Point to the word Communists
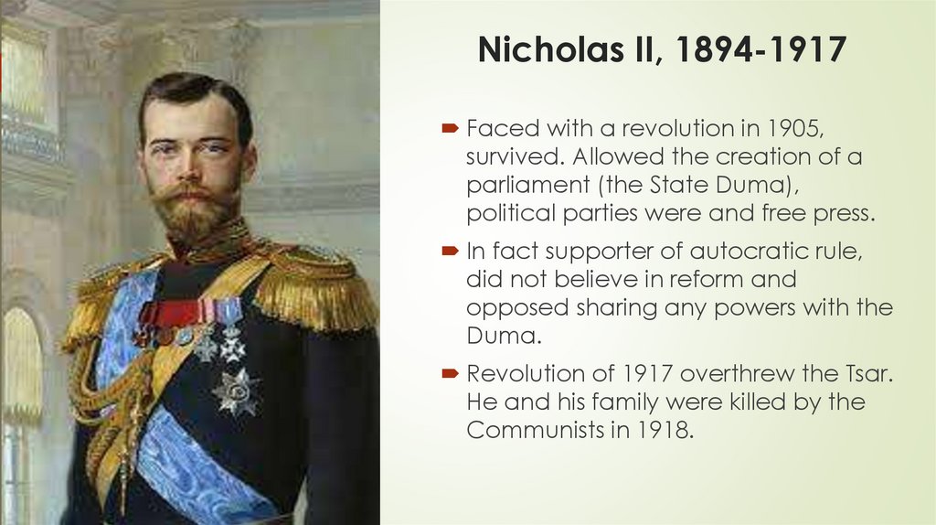pyautogui.click(x=533, y=430)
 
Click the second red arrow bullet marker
pyautogui.click(x=451, y=251)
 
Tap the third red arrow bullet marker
pyautogui.click(x=451, y=374)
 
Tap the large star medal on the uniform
pyautogui.click(x=235, y=391)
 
